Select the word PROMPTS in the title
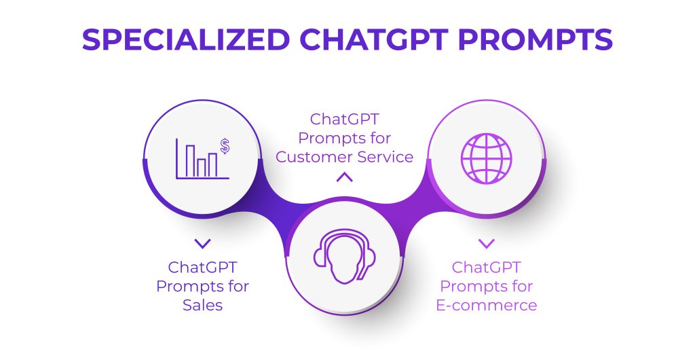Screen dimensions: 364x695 click(x=538, y=40)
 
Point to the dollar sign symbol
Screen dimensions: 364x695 click(x=225, y=145)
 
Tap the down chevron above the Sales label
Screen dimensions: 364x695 click(x=202, y=242)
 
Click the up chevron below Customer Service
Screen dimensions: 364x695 click(x=345, y=178)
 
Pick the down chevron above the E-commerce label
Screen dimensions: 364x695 click(x=486, y=242)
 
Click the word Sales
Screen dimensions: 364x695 click(x=202, y=305)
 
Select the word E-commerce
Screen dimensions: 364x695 click(x=486, y=305)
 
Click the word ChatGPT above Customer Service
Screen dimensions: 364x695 click(x=345, y=120)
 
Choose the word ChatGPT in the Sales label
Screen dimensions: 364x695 click(x=202, y=267)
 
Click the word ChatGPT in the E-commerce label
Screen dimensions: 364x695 click(x=486, y=267)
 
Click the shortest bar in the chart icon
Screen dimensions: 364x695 click(x=202, y=167)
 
